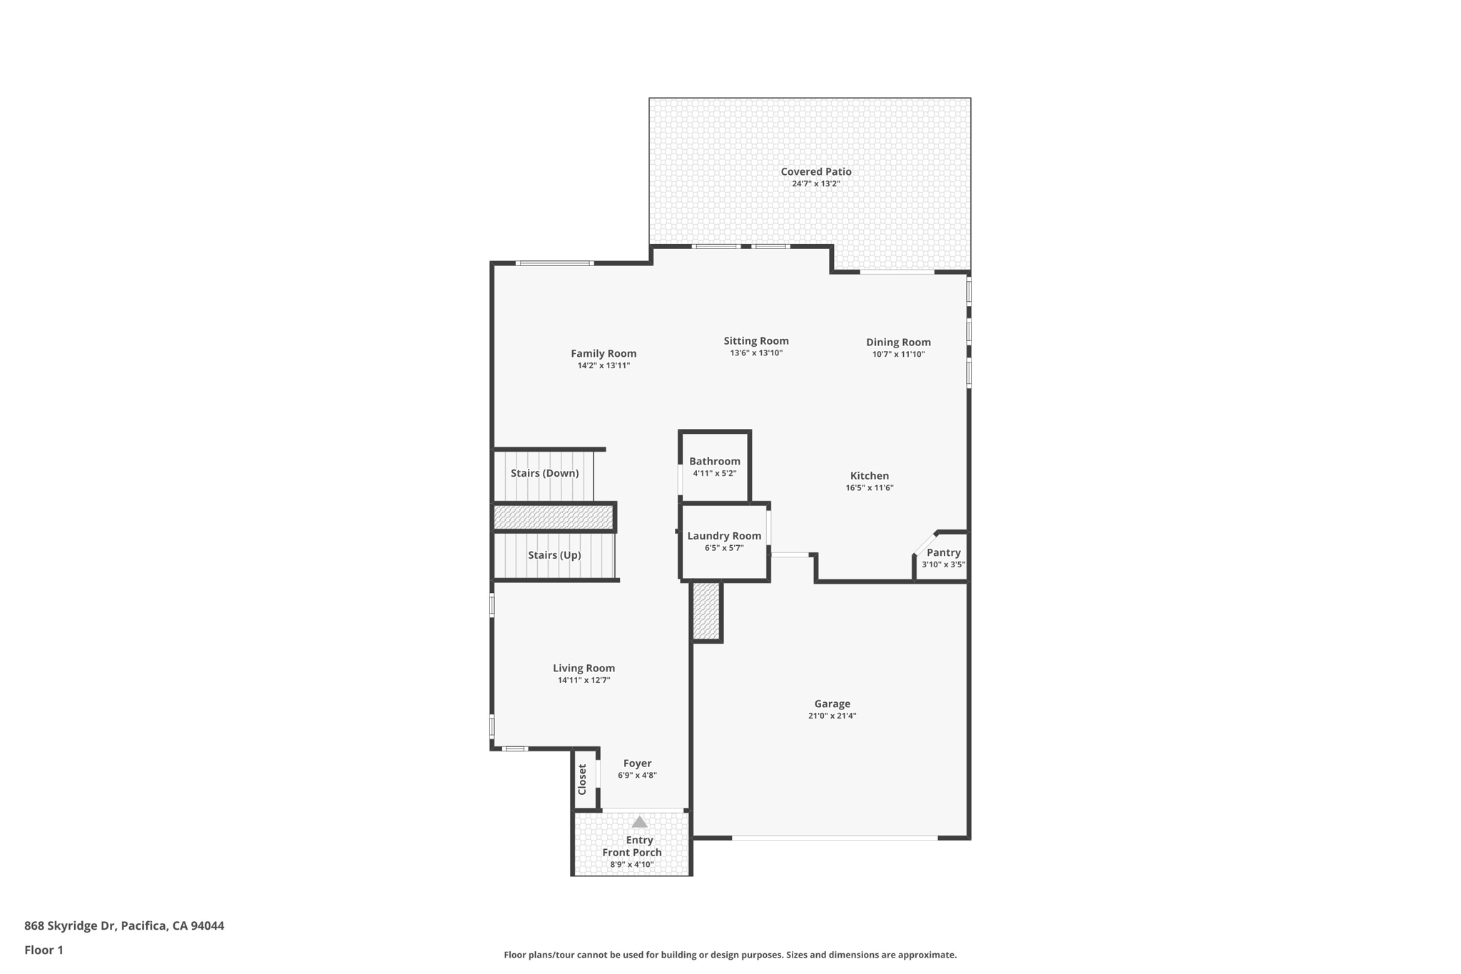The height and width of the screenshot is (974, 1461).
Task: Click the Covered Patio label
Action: [x=815, y=171]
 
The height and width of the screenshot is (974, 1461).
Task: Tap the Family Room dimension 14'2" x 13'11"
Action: [x=604, y=366]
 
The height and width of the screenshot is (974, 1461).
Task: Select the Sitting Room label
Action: [x=755, y=341]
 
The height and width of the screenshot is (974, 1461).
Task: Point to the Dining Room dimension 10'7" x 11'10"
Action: [x=898, y=355]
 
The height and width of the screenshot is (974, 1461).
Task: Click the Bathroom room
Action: [x=714, y=467]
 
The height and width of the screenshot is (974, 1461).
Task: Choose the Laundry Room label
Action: [x=724, y=536]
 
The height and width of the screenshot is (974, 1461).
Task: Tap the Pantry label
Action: [x=943, y=552]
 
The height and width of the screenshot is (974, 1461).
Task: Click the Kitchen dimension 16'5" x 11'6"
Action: [x=869, y=488]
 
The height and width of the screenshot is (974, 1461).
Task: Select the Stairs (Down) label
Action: [x=544, y=473]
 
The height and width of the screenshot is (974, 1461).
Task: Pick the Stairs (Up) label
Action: [x=554, y=555]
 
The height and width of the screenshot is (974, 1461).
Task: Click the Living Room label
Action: [x=584, y=668]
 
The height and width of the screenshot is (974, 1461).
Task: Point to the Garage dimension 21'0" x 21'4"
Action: [x=832, y=716]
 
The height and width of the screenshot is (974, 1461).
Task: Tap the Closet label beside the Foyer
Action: [x=582, y=779]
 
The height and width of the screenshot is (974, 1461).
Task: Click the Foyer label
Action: [x=637, y=764]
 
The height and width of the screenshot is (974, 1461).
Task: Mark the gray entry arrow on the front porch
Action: [x=639, y=822]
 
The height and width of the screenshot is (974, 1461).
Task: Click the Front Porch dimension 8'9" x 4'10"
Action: [x=631, y=865]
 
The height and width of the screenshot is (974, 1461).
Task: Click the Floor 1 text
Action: [x=44, y=950]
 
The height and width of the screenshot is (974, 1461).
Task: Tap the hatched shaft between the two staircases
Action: [x=554, y=517]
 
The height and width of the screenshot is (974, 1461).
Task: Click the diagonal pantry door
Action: [x=925, y=543]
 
